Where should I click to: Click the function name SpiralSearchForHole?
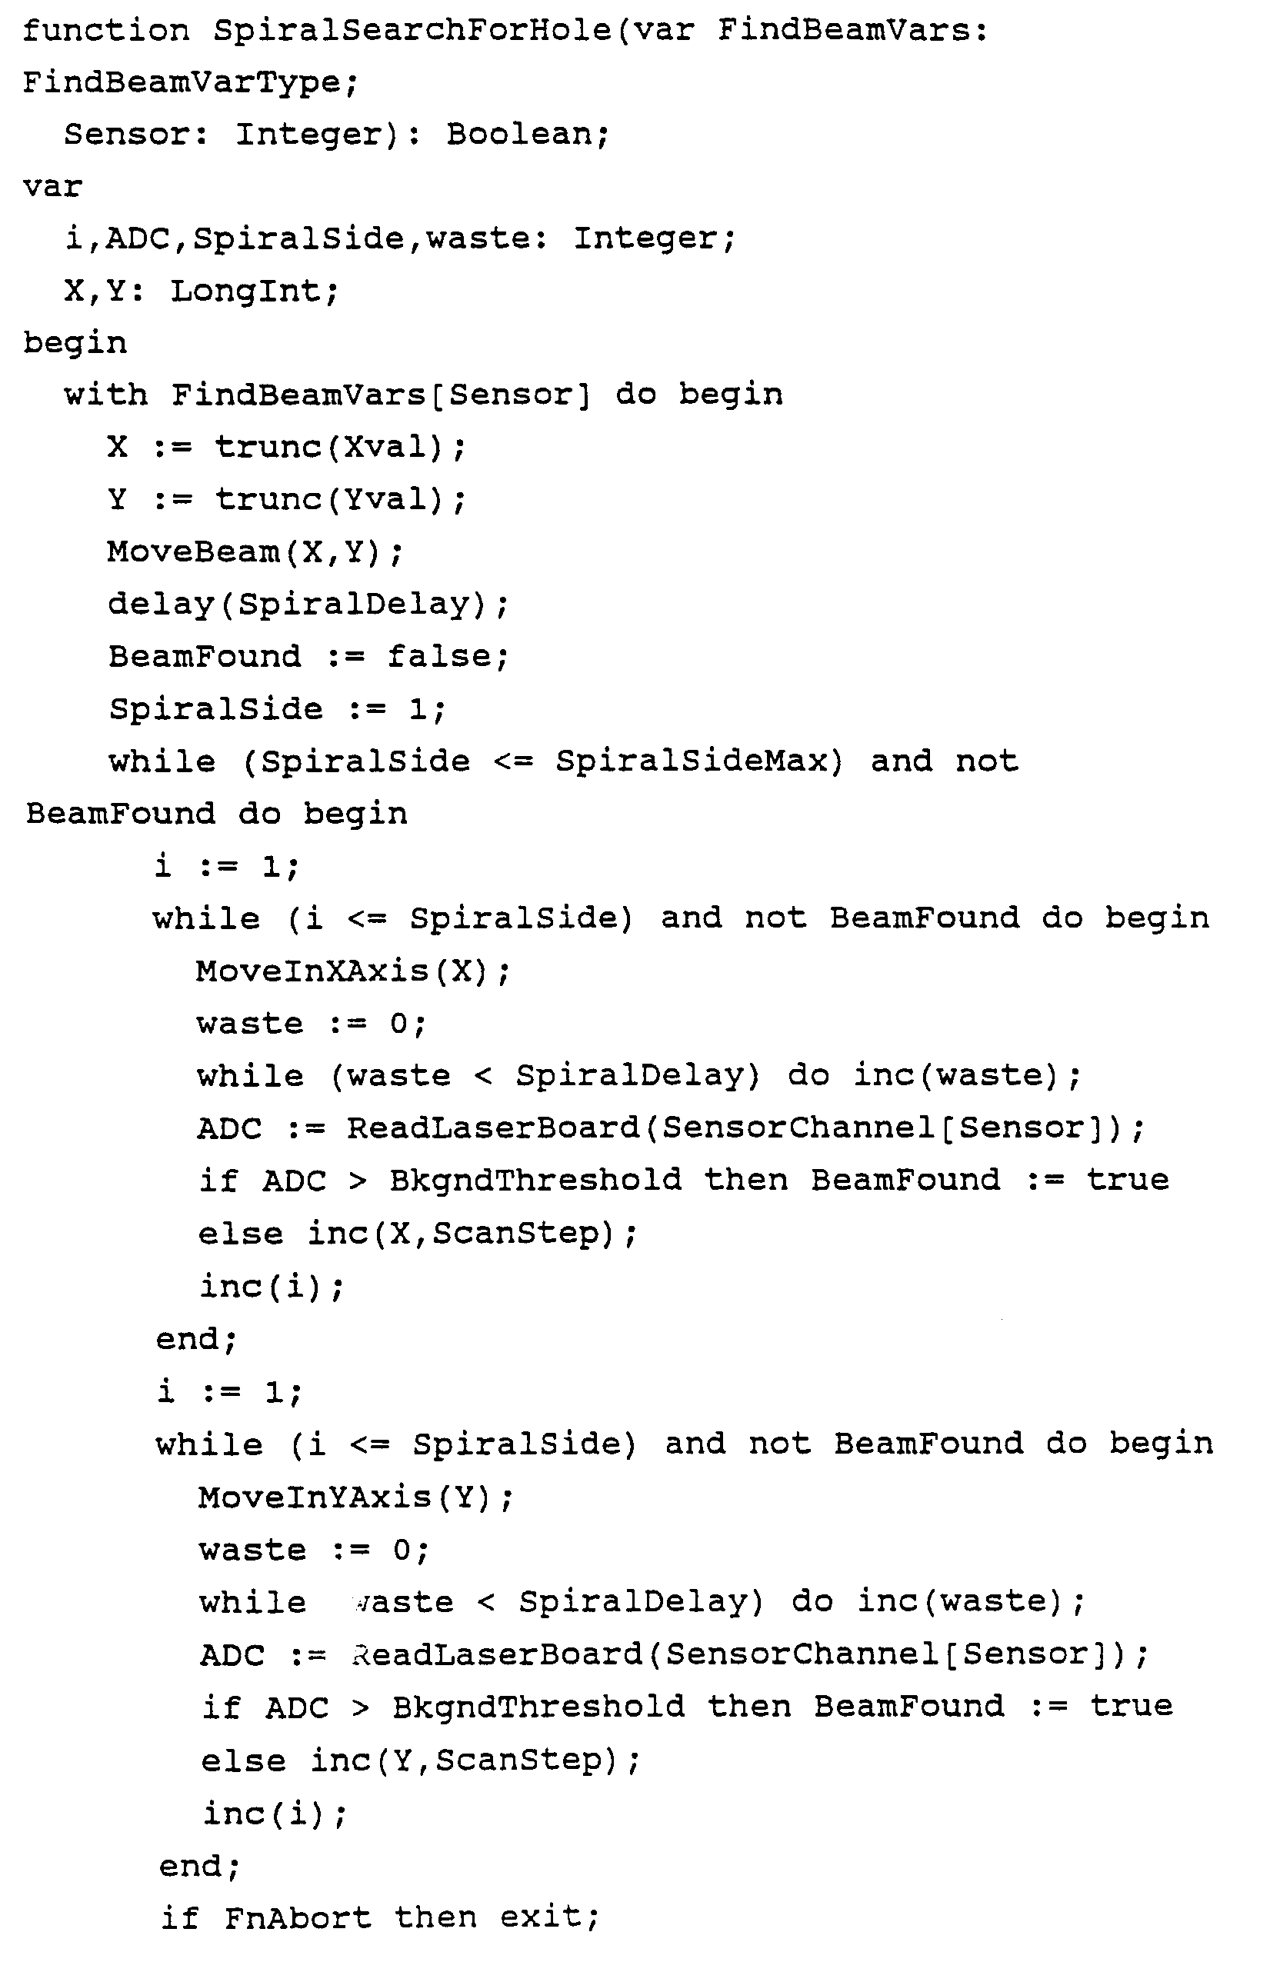pyautogui.click(x=412, y=31)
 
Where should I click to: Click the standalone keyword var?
pyautogui.click(x=52, y=186)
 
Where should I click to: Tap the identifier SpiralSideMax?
pyautogui.click(x=692, y=761)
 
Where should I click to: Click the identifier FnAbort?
pyautogui.click(x=298, y=1918)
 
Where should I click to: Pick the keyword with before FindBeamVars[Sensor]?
pyautogui.click(x=106, y=395)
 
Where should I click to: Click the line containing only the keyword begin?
pyautogui.click(x=75, y=343)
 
